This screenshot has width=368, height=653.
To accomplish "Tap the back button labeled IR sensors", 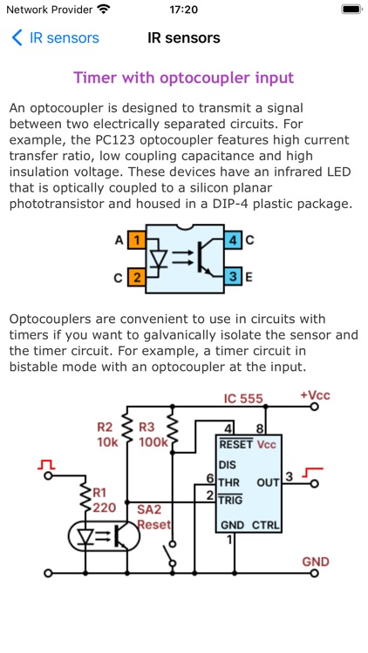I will (x=55, y=38).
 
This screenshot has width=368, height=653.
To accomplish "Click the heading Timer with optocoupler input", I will (x=184, y=77).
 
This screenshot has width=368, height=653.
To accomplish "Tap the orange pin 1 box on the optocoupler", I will (x=136, y=239).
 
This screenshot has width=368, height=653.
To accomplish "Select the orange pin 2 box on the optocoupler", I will (x=136, y=278).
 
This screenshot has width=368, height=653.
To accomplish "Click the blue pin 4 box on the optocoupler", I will (x=233, y=239).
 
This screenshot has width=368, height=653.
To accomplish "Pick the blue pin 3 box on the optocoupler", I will (x=233, y=278).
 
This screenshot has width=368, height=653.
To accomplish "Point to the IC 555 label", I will (x=243, y=400).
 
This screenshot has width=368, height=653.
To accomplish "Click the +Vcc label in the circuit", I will (x=315, y=395).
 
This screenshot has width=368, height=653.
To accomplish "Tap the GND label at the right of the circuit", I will (x=316, y=562).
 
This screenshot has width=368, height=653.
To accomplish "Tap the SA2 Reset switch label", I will (x=153, y=516).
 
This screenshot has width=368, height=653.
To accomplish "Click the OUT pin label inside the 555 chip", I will (x=268, y=481).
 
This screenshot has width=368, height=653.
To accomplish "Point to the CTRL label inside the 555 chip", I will (x=266, y=525).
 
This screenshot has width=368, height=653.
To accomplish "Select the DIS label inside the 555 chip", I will (x=228, y=464).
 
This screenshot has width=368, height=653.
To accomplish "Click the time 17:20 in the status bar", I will (x=183, y=10).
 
